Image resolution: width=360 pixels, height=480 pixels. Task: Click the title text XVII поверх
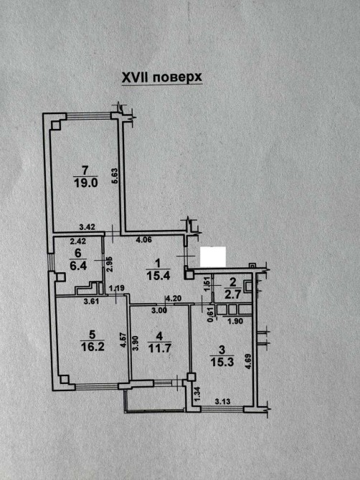pos(162,77)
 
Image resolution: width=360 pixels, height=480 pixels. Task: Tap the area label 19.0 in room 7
pos(85,183)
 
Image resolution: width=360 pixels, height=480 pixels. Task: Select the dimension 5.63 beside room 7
pos(115,176)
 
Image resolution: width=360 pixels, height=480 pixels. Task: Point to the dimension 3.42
pos(87,227)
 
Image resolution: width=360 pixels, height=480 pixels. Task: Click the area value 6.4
pos(78,265)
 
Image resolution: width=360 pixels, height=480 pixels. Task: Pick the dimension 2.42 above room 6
pos(78,241)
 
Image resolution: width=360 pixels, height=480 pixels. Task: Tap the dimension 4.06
pos(143,240)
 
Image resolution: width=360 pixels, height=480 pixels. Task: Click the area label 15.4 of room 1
pos(158,276)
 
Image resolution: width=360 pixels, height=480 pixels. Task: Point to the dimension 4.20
pos(174,299)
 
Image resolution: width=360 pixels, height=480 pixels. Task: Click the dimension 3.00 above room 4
pos(159,310)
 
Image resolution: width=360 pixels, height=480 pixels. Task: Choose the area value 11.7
pos(159,348)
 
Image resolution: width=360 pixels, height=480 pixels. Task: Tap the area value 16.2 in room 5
pos(93,347)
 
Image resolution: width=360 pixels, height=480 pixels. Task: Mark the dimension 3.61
pos(91,301)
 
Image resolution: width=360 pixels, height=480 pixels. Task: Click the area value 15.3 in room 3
pos(222,362)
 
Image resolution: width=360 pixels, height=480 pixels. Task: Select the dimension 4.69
pos(248,362)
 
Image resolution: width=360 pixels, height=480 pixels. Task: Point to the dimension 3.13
pos(223,401)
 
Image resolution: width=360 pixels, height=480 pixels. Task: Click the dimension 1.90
pos(236,321)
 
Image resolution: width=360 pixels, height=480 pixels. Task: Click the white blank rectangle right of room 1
pos(213,256)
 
